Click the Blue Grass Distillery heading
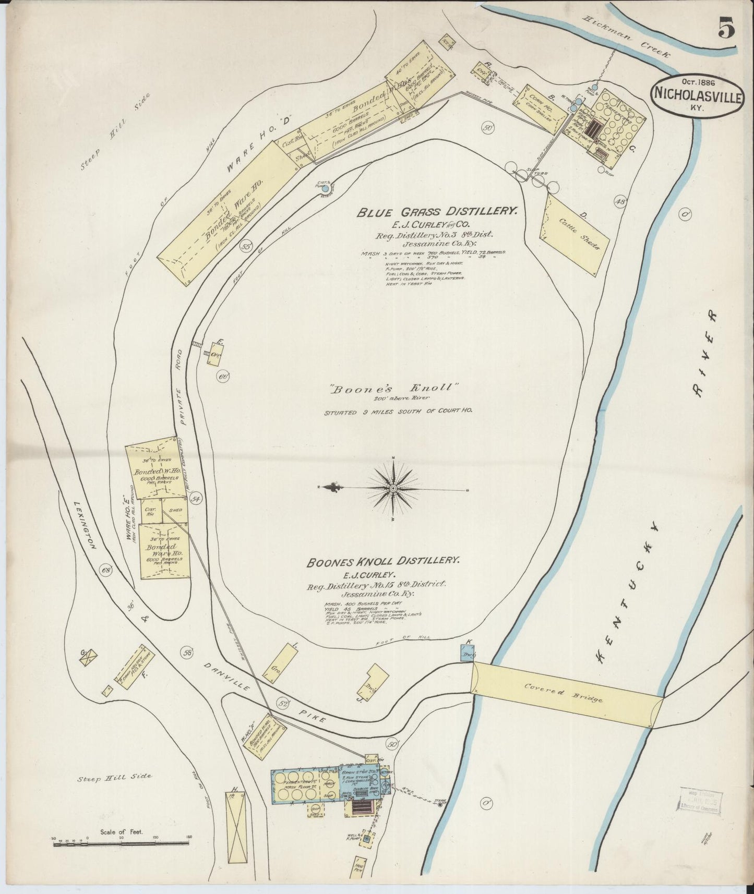437,212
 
